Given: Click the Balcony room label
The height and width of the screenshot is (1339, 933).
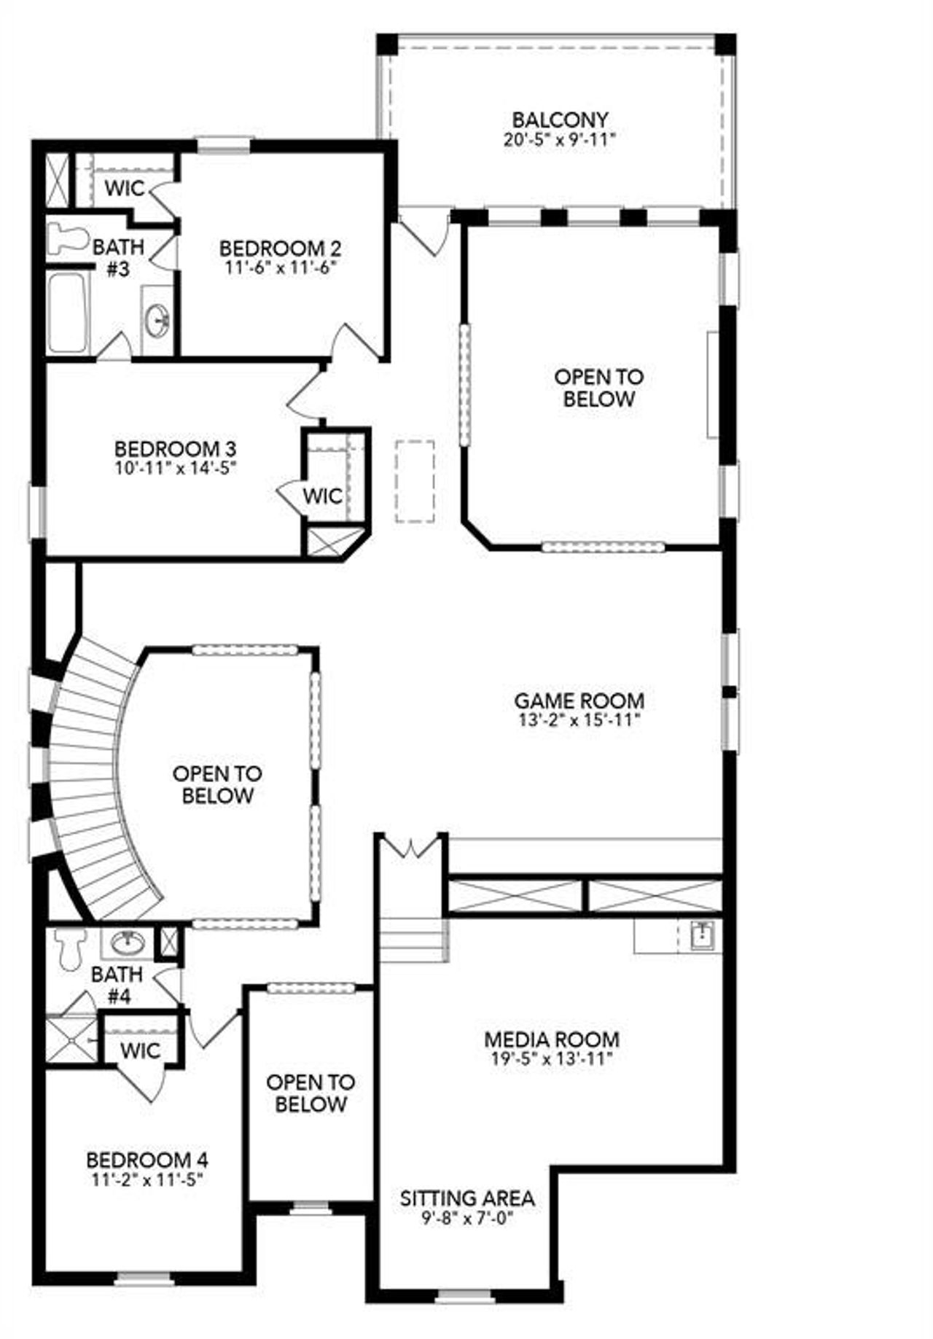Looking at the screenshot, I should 559,119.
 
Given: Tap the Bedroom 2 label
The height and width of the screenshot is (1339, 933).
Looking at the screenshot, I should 281,248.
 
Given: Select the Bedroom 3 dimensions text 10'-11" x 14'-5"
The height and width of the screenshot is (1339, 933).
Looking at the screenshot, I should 175,466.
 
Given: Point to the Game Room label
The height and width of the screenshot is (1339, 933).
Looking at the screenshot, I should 579,700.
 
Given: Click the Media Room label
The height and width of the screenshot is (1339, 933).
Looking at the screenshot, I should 552,1039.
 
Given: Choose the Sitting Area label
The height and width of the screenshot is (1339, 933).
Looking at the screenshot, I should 467,1198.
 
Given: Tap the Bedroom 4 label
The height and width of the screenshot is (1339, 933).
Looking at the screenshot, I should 147,1159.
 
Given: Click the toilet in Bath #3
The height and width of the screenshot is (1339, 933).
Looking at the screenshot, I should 66,238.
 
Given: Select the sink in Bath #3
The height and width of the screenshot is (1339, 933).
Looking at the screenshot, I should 157,319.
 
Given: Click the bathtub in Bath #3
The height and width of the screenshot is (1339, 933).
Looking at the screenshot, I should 67,312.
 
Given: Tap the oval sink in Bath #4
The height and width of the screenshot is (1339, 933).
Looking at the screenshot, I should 128,943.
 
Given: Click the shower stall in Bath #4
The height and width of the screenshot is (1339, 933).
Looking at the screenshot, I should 71,1039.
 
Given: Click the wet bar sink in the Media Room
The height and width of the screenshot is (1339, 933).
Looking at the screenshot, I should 702,934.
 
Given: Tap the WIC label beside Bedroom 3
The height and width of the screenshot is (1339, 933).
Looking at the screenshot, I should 322,496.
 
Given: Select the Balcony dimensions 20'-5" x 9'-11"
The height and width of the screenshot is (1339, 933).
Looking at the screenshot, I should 559,139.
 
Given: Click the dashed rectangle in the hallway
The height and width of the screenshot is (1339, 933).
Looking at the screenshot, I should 415,481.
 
